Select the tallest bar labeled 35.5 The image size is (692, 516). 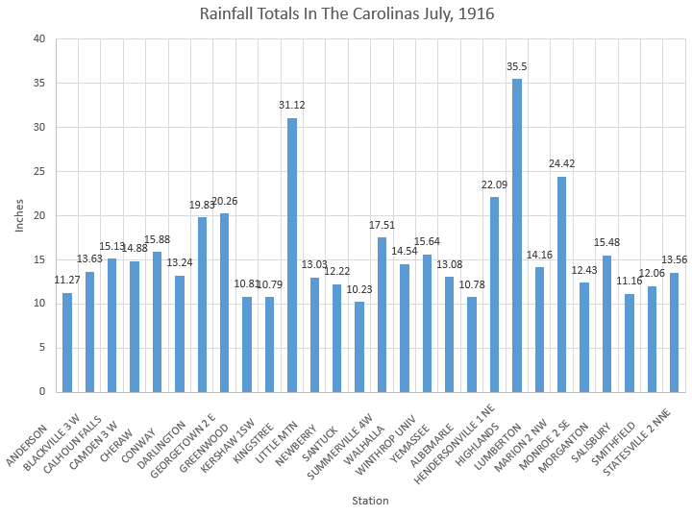tap(517, 235)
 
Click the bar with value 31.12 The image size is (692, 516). tap(292, 255)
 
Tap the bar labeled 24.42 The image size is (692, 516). tap(561, 284)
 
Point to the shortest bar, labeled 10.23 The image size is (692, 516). tap(359, 347)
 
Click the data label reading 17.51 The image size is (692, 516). tap(382, 226)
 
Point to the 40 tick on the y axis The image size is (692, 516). tap(39, 39)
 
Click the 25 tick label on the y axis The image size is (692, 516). tap(39, 172)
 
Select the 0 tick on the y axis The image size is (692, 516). tap(42, 392)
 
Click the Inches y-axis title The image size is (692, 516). tap(18, 215)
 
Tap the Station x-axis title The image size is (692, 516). tap(369, 500)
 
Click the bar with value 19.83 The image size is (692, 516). tap(202, 304)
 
